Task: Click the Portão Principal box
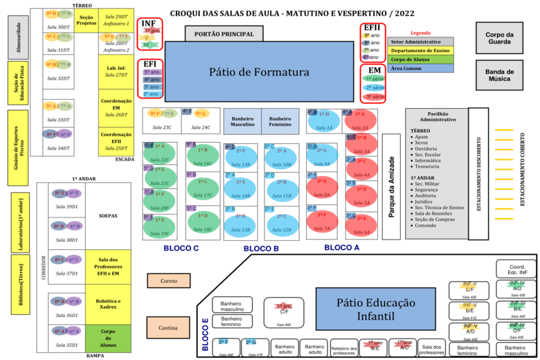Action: tap(224, 34)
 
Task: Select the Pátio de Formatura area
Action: tap(259, 72)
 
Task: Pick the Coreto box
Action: tap(168, 280)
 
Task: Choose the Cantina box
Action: tap(168, 327)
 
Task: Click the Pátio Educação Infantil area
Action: tap(376, 309)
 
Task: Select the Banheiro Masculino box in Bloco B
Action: tap(242, 121)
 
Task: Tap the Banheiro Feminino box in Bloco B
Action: tap(280, 121)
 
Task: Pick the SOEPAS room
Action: tap(109, 215)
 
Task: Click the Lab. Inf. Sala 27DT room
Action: tap(116, 71)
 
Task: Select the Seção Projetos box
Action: tap(87, 19)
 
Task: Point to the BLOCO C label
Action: tap(182, 248)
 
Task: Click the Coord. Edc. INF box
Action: tap(516, 269)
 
